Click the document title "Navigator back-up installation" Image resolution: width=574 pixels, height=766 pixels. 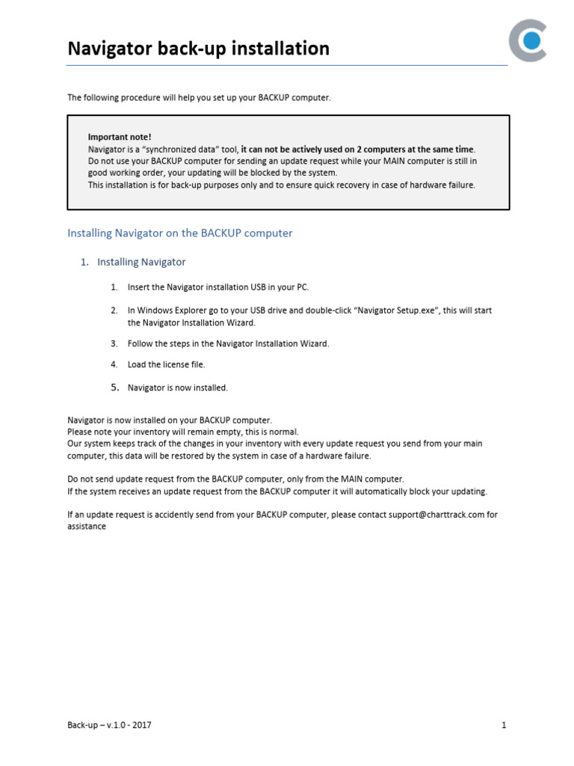click(x=198, y=49)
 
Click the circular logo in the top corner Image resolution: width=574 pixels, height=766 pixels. click(x=528, y=41)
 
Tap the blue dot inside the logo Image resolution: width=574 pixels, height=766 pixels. click(x=532, y=41)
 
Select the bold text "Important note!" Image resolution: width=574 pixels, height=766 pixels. click(x=120, y=137)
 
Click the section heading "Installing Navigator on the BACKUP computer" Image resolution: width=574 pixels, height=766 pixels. click(x=180, y=233)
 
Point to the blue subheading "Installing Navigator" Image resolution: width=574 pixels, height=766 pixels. click(x=141, y=263)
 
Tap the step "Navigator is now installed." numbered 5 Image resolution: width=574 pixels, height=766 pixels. click(x=178, y=387)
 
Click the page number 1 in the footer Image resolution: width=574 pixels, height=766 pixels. click(x=504, y=725)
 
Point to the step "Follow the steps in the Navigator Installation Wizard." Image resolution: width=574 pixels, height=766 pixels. click(x=228, y=343)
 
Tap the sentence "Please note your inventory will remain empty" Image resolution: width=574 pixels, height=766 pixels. click(x=173, y=432)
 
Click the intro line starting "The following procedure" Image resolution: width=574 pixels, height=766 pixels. click(x=199, y=98)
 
